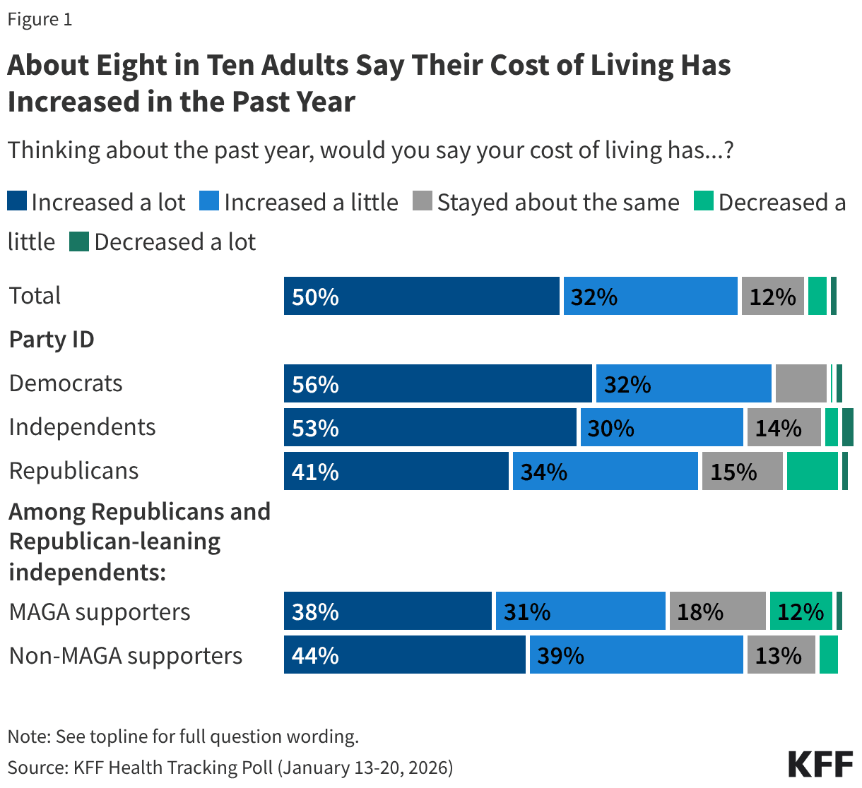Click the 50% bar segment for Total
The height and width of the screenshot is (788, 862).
click(x=421, y=296)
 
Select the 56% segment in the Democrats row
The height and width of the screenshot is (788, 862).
click(x=437, y=383)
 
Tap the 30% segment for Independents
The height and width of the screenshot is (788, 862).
click(x=661, y=427)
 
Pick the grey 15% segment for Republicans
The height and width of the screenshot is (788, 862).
click(x=742, y=471)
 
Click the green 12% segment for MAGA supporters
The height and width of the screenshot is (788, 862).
click(x=801, y=611)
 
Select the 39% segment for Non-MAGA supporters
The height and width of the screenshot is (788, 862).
click(x=636, y=655)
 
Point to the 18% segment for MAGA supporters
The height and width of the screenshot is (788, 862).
click(x=717, y=611)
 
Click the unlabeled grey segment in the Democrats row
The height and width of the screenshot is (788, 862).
click(x=801, y=383)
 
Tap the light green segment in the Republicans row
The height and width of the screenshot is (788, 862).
click(x=812, y=471)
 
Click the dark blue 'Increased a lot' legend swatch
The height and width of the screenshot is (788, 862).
click(x=17, y=202)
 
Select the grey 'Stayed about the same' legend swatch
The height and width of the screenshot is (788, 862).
click(x=422, y=202)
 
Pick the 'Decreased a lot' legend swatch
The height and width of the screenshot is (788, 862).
click(x=78, y=242)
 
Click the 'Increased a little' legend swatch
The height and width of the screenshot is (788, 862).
click(x=209, y=202)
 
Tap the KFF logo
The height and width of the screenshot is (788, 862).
click(x=820, y=764)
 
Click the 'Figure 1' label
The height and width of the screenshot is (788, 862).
click(x=40, y=19)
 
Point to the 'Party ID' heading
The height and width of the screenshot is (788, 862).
click(x=52, y=340)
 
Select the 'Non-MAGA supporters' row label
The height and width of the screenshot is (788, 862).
click(x=126, y=655)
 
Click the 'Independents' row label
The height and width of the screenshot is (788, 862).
click(x=82, y=427)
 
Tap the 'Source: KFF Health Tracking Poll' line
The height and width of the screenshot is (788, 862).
click(x=230, y=767)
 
